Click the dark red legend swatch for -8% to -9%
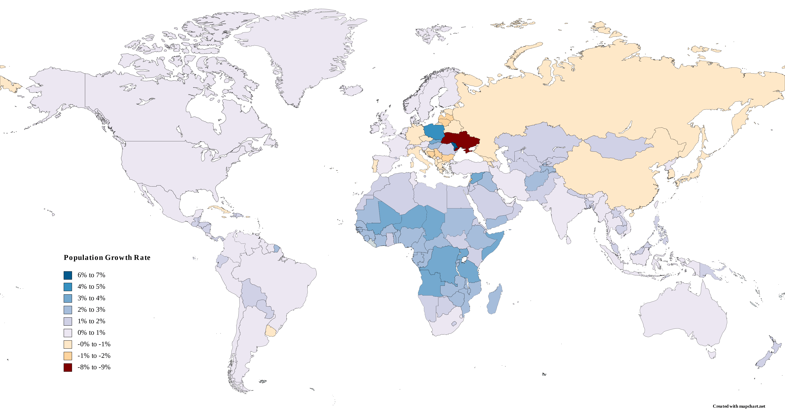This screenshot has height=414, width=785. tap(68, 367)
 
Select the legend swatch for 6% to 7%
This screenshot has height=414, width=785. tap(68, 275)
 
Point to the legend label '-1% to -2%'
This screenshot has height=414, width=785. tap(94, 356)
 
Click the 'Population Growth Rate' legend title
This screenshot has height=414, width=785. tap(107, 258)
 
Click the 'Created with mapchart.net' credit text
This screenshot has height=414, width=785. tap(739, 406)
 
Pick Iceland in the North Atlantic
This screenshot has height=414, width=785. tap(352, 90)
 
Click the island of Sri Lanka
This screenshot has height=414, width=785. tap(568, 240)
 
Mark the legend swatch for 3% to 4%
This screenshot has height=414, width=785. tap(68, 298)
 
